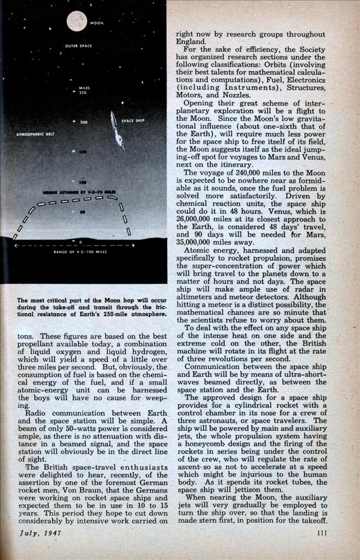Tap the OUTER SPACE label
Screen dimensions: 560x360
coord(77,46)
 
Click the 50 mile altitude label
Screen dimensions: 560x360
coord(82,212)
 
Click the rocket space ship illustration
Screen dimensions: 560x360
coord(117,131)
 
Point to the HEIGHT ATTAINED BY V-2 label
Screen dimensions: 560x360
coord(72,192)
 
